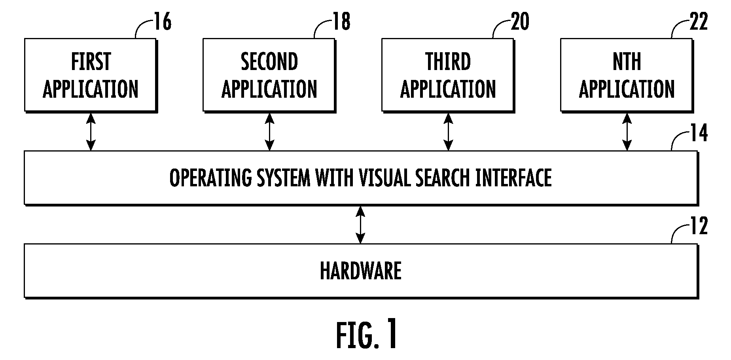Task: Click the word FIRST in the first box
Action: pyautogui.click(x=91, y=62)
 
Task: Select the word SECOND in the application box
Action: pyautogui.click(x=269, y=62)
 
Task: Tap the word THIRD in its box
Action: pyautogui.click(x=448, y=62)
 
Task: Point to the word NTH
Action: pyautogui.click(x=627, y=62)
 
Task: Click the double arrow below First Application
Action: pyautogui.click(x=91, y=132)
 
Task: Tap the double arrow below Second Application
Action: pyautogui.click(x=270, y=132)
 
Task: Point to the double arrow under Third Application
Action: pyautogui.click(x=449, y=132)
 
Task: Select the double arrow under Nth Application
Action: pyautogui.click(x=627, y=132)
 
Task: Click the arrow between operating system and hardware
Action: pyautogui.click(x=360, y=224)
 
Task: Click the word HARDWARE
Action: pyautogui.click(x=361, y=271)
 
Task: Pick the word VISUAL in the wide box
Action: pyautogui.click(x=385, y=178)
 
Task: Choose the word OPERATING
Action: pyautogui.click(x=210, y=178)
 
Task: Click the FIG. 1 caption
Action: pyautogui.click(x=367, y=335)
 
